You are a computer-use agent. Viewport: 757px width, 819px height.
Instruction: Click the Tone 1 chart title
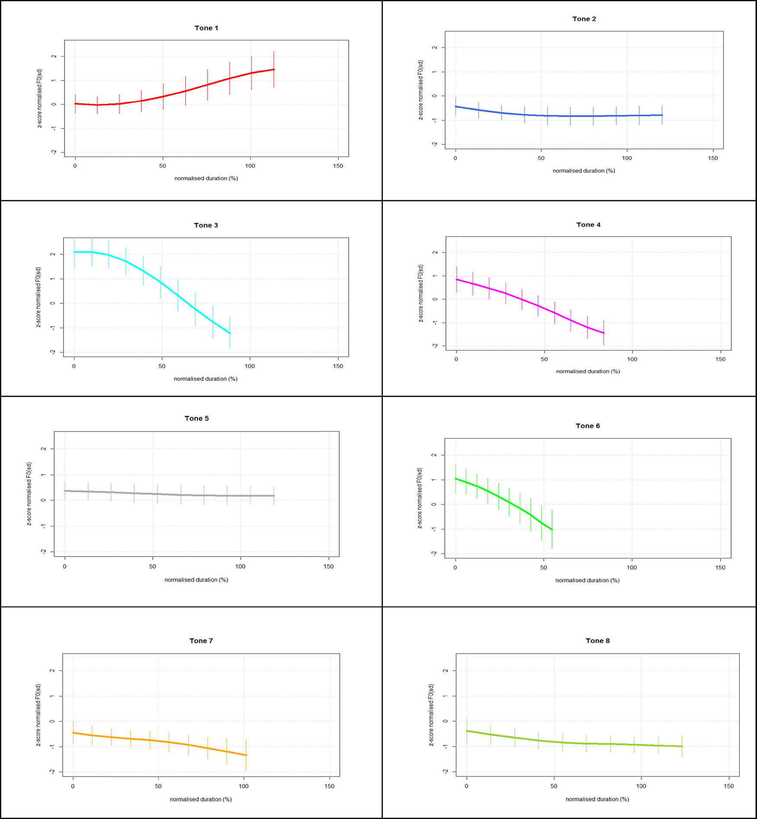point(206,28)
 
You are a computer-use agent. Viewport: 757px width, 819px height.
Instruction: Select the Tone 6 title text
point(587,426)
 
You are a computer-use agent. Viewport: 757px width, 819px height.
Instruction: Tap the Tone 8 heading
point(597,641)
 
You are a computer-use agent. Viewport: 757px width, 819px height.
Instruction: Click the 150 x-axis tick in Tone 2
point(713,158)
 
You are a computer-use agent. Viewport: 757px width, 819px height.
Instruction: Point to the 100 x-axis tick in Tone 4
point(632,359)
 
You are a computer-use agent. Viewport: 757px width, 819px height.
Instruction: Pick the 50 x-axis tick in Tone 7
point(158,786)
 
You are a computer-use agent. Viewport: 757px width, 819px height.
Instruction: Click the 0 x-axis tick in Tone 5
point(65,566)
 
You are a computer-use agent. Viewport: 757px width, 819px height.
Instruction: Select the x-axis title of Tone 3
point(205,379)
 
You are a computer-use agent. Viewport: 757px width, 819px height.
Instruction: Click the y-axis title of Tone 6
point(420,498)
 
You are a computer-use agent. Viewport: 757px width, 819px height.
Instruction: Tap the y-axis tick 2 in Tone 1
point(54,56)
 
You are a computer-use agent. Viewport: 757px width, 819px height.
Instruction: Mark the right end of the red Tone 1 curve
point(274,69)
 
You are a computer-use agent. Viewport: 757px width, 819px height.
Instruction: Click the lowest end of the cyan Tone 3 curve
point(230,333)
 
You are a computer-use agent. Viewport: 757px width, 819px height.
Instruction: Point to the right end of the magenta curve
point(603,333)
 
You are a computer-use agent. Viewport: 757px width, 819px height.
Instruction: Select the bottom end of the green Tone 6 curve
point(552,529)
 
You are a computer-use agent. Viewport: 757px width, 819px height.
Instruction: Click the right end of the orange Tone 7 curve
point(246,755)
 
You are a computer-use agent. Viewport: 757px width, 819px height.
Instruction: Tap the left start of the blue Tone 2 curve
point(455,106)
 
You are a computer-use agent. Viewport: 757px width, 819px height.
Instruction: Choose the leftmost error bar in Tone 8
point(467,731)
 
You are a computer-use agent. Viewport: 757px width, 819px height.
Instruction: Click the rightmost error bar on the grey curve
point(274,496)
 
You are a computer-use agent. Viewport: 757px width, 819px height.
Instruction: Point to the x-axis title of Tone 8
point(597,799)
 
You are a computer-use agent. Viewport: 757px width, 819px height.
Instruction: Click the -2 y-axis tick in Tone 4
point(435,346)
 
